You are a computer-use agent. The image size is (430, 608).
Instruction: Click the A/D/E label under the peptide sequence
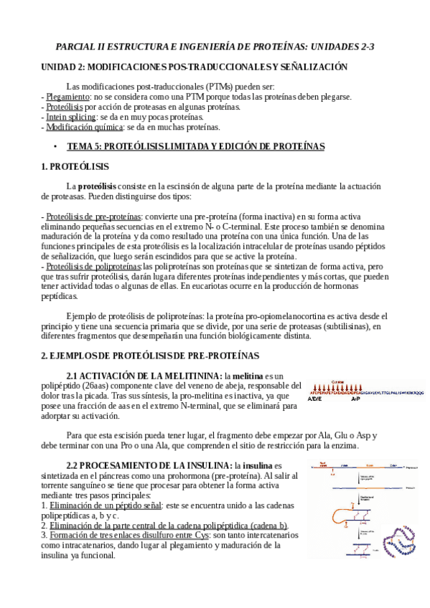pyautogui.click(x=314, y=399)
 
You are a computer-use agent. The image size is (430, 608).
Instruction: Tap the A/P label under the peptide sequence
pyautogui.click(x=355, y=399)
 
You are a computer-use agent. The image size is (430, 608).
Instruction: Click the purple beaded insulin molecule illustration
pyautogui.click(x=398, y=541)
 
